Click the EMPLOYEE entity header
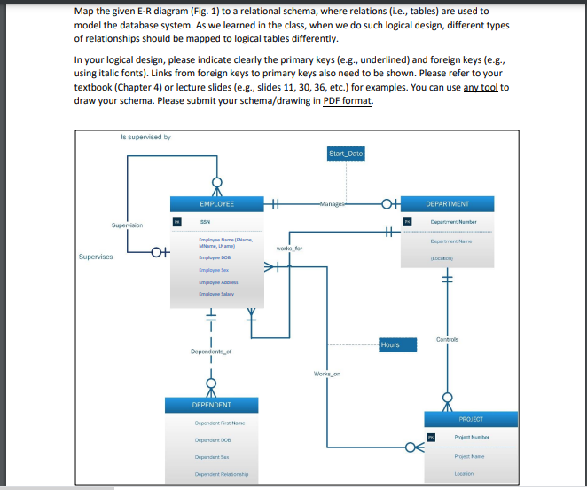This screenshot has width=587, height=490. (x=216, y=203)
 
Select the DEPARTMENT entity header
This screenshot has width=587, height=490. (x=447, y=203)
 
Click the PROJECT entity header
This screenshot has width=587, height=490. (x=471, y=418)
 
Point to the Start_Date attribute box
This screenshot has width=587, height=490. (x=345, y=154)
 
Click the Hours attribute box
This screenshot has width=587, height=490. (x=390, y=344)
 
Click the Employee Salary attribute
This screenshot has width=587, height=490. (x=216, y=292)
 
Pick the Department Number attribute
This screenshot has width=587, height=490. (x=454, y=221)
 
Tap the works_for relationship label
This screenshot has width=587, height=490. (x=290, y=249)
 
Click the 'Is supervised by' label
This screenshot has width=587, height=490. (x=145, y=137)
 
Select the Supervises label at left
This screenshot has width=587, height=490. (x=95, y=257)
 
